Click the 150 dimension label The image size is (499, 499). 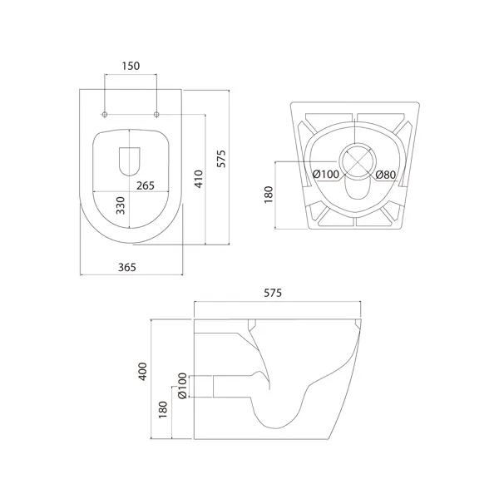131,66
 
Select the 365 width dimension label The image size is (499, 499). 127,267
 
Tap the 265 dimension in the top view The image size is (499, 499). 146,185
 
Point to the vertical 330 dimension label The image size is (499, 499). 121,205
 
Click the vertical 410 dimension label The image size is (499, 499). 199,179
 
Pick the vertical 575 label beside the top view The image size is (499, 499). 221,158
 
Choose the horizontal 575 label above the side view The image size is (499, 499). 273,293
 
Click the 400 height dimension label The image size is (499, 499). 143,372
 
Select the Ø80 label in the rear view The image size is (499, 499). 385,175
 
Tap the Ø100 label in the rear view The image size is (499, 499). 326,174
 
